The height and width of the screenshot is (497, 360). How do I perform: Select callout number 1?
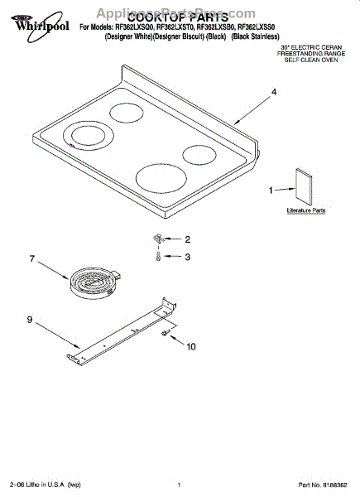[x=271, y=191]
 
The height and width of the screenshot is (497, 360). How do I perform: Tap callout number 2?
[x=187, y=239]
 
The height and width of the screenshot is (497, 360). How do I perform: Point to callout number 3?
[x=187, y=258]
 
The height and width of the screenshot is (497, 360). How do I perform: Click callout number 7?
[x=32, y=259]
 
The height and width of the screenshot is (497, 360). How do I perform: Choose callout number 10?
[x=191, y=346]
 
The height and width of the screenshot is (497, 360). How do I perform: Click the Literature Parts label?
[x=305, y=211]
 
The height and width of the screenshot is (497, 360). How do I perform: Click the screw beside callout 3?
[x=158, y=257]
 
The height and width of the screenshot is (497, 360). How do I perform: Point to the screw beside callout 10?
[x=166, y=333]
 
